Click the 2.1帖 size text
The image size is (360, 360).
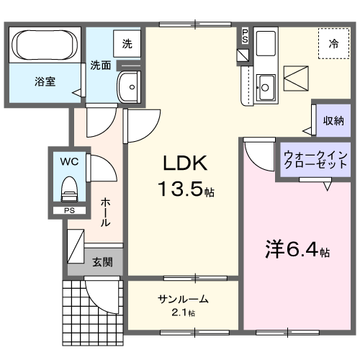coord(183,312)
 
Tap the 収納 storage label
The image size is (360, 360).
coord(333,120)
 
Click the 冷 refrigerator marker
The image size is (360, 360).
coord(333,44)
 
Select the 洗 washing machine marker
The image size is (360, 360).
coord(127,44)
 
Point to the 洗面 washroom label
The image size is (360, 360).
coord(100,66)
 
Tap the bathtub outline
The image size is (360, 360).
coord(45,45)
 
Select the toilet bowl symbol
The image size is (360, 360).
coord(69,189)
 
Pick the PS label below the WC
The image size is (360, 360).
coord(68,211)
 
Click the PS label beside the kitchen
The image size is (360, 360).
coord(245,35)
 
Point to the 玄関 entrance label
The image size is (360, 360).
coord(102,262)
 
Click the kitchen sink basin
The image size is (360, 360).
coord(265,87)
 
